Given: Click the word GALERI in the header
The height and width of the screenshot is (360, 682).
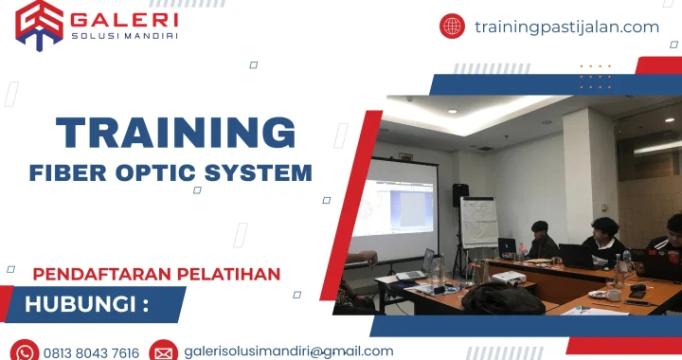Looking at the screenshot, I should pos(124,18).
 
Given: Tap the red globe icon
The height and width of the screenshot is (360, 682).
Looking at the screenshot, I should pos(452,27).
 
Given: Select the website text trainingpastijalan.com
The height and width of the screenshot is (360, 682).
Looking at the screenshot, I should pos(566,27).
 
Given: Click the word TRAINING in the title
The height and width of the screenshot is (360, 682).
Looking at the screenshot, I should pos(175,133).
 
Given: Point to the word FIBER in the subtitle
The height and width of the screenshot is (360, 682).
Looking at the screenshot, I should pos(65,173).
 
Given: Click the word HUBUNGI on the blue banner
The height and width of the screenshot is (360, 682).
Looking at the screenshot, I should pos(81,305).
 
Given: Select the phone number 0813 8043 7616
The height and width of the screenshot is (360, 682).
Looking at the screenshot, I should pos(92,352).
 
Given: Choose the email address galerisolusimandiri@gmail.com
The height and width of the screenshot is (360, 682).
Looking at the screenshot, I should pos(289,351).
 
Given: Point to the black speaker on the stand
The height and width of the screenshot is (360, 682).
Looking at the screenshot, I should pos(460,195).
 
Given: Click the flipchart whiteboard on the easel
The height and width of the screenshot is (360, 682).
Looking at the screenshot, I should pos(479,223).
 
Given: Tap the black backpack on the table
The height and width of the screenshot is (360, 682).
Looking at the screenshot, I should pos(502,298).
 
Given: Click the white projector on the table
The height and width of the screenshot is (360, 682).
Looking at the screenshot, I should pos(508,277).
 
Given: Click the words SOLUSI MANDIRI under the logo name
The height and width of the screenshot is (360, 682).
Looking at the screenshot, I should pos(124,36).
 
